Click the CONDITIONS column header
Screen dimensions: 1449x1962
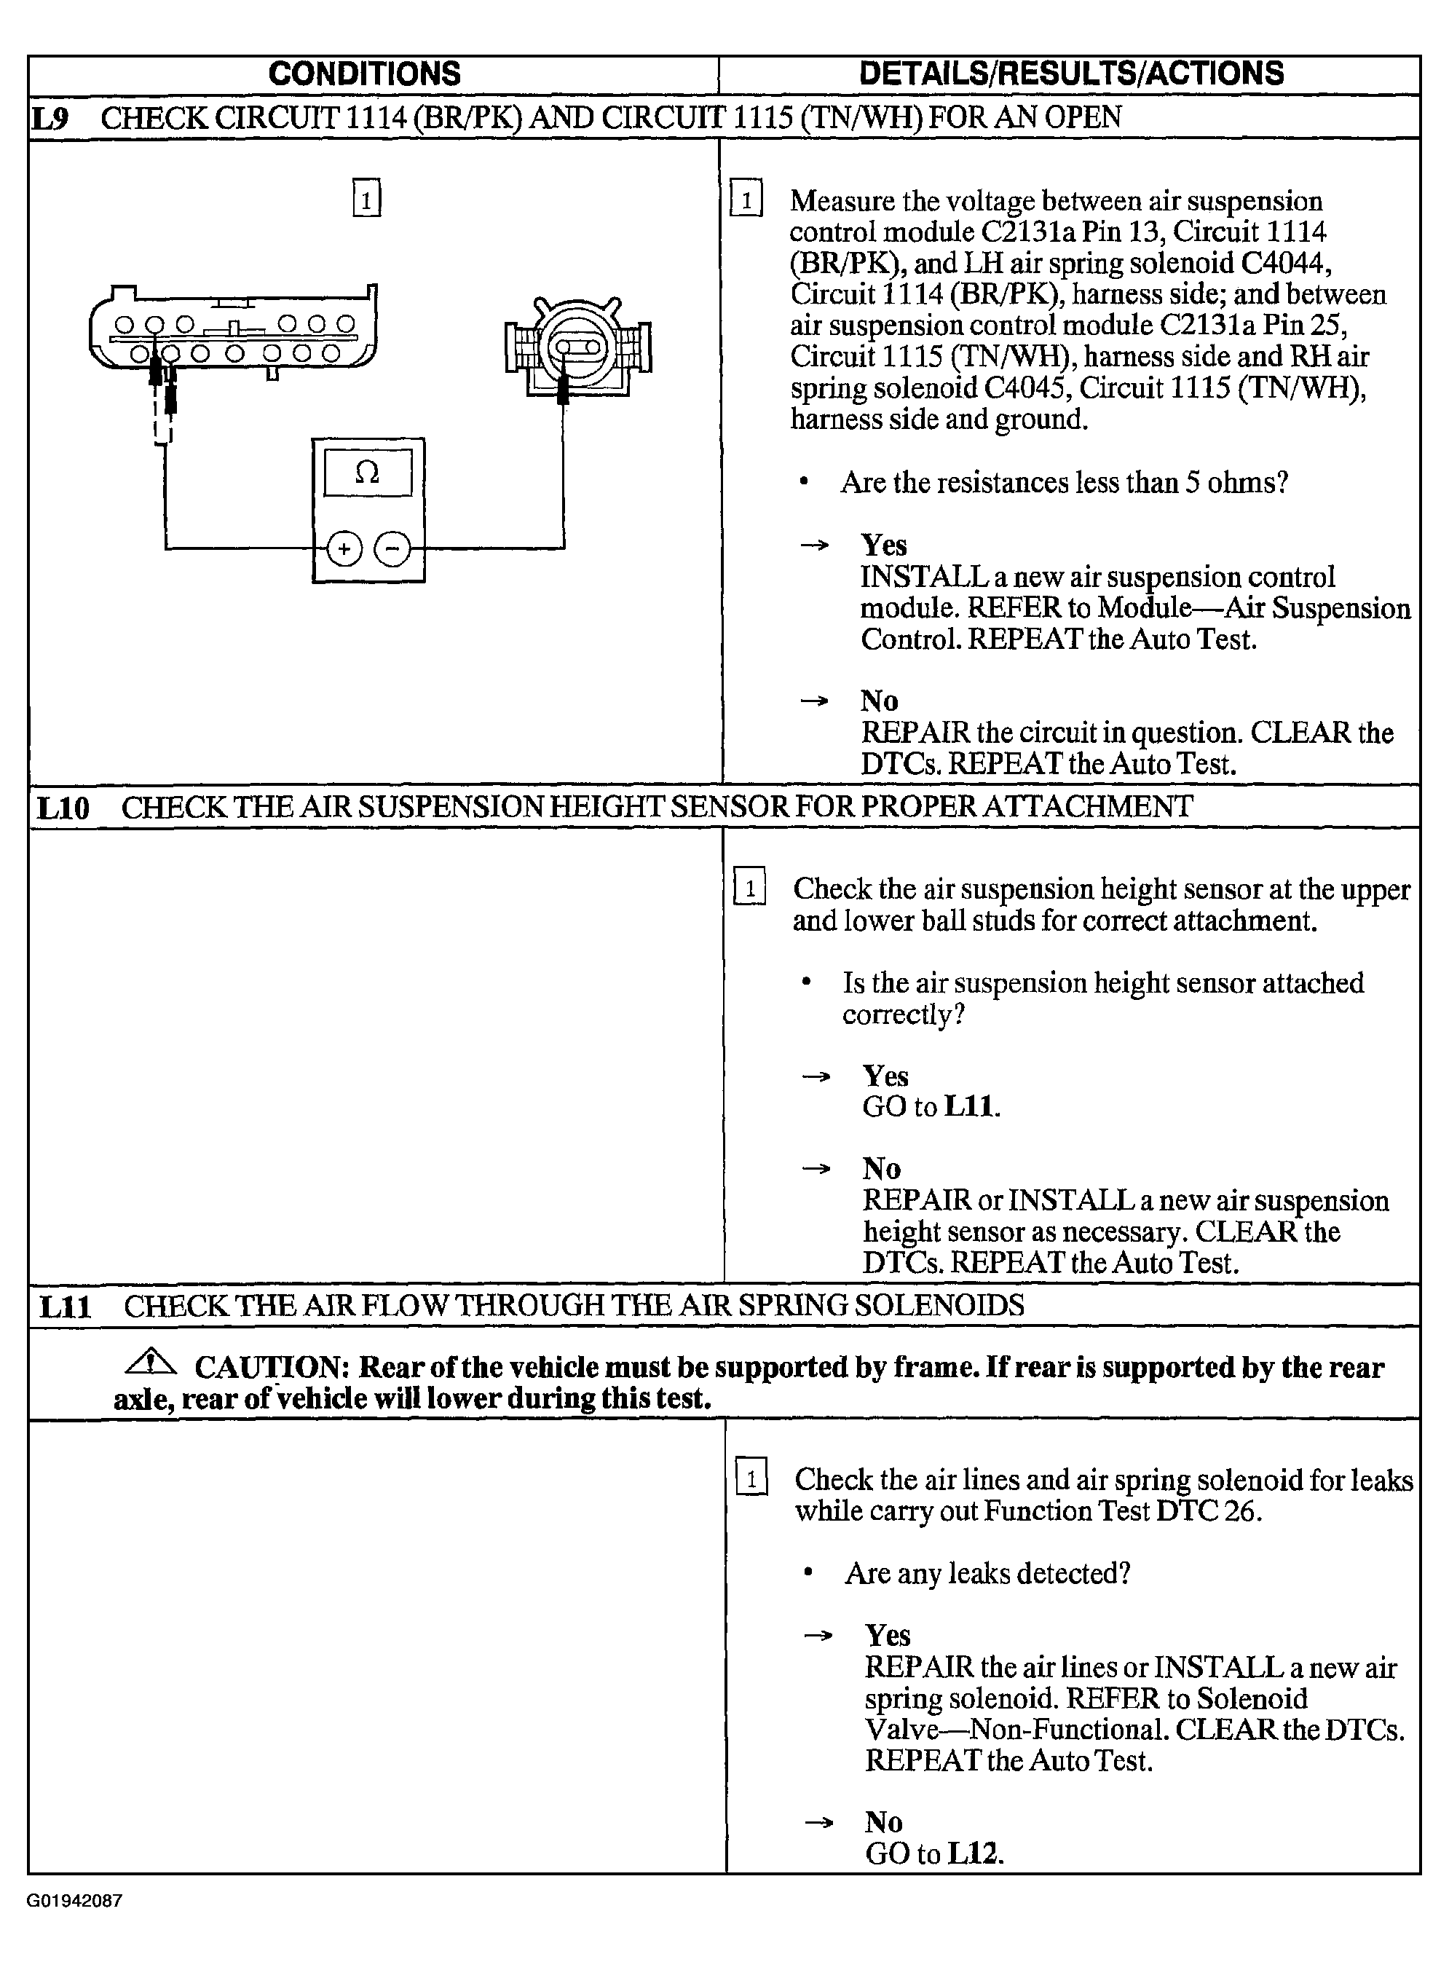click(364, 74)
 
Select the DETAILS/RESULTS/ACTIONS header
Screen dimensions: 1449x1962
click(1071, 74)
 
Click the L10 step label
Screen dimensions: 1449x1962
click(63, 808)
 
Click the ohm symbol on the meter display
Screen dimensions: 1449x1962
click(368, 473)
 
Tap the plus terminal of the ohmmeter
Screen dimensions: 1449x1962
click(344, 549)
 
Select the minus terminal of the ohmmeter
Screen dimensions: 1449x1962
click(392, 549)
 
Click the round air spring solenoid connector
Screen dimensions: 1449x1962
click(578, 349)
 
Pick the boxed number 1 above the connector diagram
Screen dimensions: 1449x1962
click(367, 198)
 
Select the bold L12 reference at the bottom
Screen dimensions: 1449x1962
click(976, 1853)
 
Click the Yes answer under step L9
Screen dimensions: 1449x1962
click(884, 545)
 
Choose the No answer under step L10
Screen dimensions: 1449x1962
click(882, 1168)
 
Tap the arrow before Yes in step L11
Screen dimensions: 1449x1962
click(818, 1636)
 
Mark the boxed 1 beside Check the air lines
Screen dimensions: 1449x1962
click(751, 1481)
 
